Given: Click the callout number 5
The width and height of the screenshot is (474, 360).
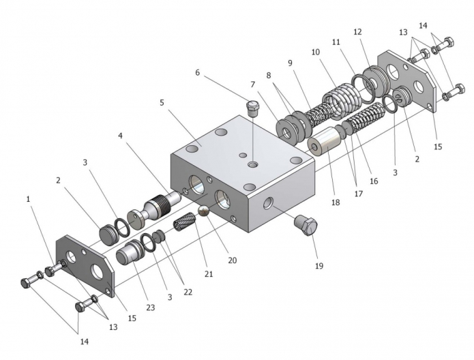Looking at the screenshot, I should [162, 103].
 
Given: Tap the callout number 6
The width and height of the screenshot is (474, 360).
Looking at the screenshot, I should [198, 72].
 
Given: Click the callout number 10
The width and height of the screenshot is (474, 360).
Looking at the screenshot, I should [315, 52].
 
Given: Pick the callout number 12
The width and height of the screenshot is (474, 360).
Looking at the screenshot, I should [357, 32].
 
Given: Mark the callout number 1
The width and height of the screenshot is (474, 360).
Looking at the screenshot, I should [29, 199].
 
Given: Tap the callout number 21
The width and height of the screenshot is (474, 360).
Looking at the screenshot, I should [209, 274].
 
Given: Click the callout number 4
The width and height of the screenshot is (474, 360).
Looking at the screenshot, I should [120, 136].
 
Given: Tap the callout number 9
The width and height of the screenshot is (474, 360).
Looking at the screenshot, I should [290, 63].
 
